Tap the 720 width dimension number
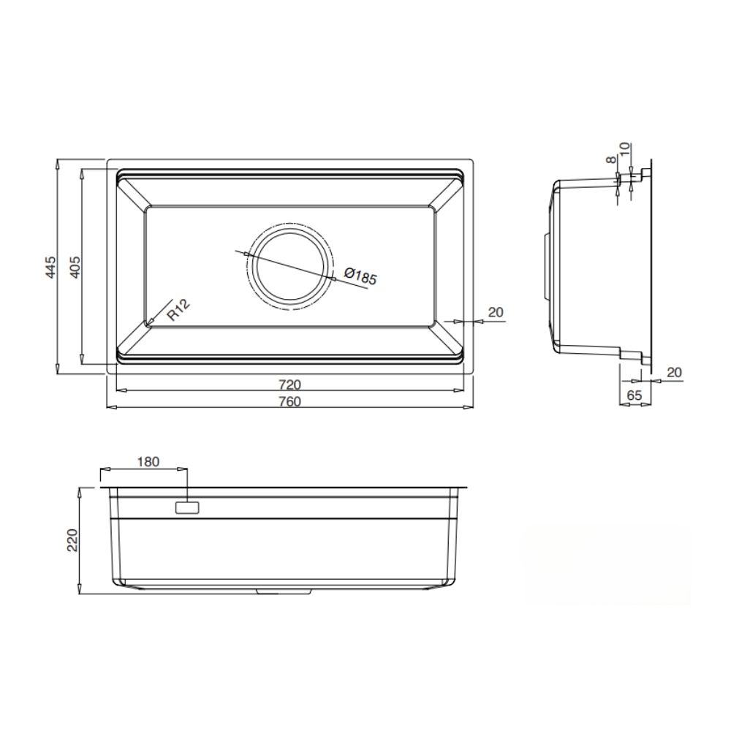click(x=289, y=384)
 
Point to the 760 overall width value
click(x=289, y=401)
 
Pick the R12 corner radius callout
click(x=178, y=311)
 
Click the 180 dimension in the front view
click(x=148, y=462)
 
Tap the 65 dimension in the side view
click(x=634, y=395)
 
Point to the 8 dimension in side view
click(x=610, y=160)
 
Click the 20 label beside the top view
click(x=495, y=312)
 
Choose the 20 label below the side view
click(x=674, y=372)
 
